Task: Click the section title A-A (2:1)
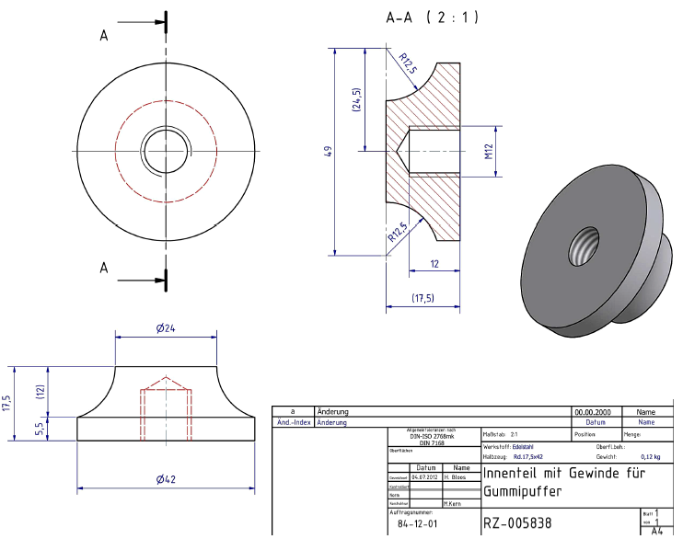[433, 17]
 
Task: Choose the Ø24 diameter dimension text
[166, 328]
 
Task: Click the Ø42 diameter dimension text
[166, 479]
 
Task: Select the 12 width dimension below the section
[434, 264]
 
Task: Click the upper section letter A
[104, 35]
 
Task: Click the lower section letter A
[104, 268]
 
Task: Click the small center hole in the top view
[166, 149]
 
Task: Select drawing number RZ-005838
[518, 522]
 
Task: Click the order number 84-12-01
[417, 523]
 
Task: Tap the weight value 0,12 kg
[652, 455]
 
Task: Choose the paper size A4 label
[656, 531]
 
